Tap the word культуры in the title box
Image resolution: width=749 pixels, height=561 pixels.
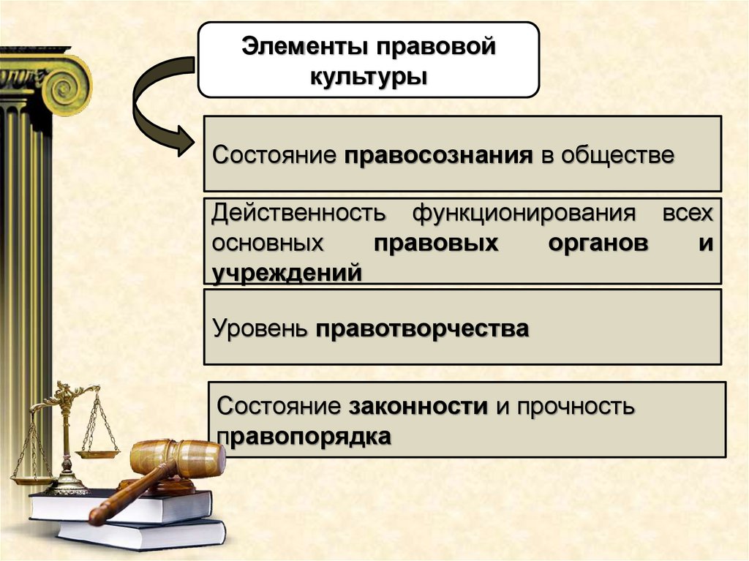[369, 75]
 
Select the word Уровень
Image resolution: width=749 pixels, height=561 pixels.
[260, 328]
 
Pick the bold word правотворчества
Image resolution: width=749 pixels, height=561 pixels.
[422, 328]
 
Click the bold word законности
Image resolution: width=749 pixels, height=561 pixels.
[418, 406]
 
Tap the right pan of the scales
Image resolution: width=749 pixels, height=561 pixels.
[97, 454]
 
